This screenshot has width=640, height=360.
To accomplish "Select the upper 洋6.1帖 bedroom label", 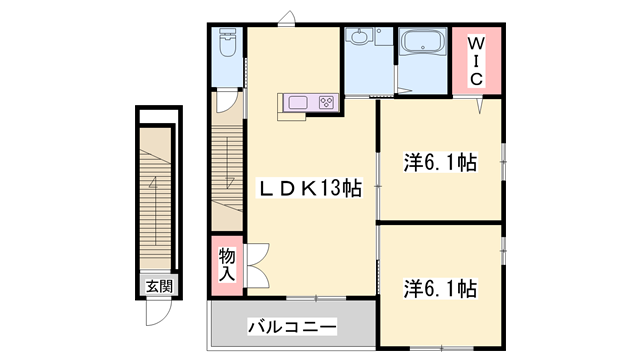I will pyautogui.click(x=440, y=161).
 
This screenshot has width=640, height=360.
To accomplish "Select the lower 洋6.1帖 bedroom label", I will pyautogui.click(x=440, y=289).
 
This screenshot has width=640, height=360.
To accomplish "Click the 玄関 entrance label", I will pyautogui.click(x=158, y=286).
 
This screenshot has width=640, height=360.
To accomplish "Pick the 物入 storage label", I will pyautogui.click(x=227, y=264).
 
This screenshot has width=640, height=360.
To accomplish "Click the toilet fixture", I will pyautogui.click(x=227, y=46).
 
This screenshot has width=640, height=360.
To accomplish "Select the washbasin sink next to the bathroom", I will pyautogui.click(x=360, y=41).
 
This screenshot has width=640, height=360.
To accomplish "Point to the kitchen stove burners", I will pyautogui.click(x=327, y=101).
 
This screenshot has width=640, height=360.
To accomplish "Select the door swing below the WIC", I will pyautogui.click(x=482, y=104).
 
